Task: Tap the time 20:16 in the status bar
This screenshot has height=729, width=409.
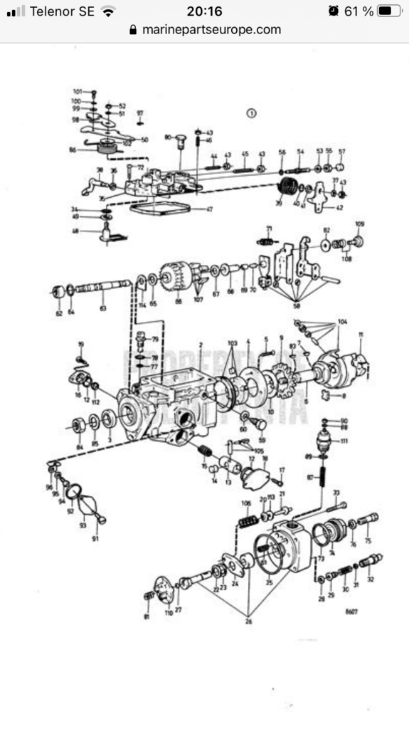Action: pos(204,11)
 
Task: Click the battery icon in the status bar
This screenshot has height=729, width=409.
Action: pos(389,11)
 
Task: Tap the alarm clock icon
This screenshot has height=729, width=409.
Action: pos(334,11)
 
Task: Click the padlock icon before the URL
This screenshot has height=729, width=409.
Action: pos(132,30)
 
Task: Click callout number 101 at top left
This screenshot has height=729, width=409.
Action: pos(78,92)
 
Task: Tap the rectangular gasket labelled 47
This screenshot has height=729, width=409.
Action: pos(161,209)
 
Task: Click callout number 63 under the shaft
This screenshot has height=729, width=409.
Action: pos(103,308)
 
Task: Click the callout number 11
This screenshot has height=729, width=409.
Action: pos(361,335)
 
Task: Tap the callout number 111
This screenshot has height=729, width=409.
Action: pos(344,441)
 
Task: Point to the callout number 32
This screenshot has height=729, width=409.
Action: pos(370,579)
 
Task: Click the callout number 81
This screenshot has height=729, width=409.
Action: pos(147,617)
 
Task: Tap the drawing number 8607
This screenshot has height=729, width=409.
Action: pos(351,610)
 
